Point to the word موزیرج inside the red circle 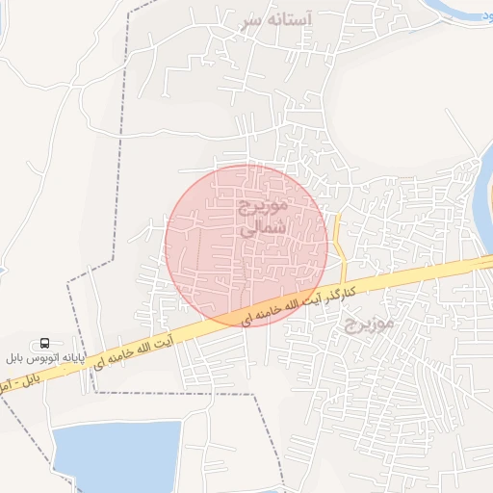pos(263,207)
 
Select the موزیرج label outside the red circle pos(369,324)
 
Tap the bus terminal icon pos(45,343)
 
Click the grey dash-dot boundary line pos(119,144)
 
